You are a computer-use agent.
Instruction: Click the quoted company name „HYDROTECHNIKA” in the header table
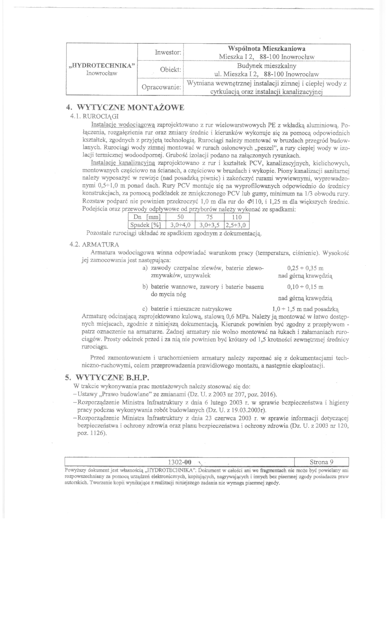pyautogui.click(x=102, y=65)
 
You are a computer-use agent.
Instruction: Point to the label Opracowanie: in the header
pyautogui.click(x=161, y=87)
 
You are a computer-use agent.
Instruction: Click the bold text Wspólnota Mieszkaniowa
pyautogui.click(x=266, y=49)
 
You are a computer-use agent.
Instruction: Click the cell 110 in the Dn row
pyautogui.click(x=236, y=217)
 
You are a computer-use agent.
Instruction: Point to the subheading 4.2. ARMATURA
pyautogui.click(x=94, y=244)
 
